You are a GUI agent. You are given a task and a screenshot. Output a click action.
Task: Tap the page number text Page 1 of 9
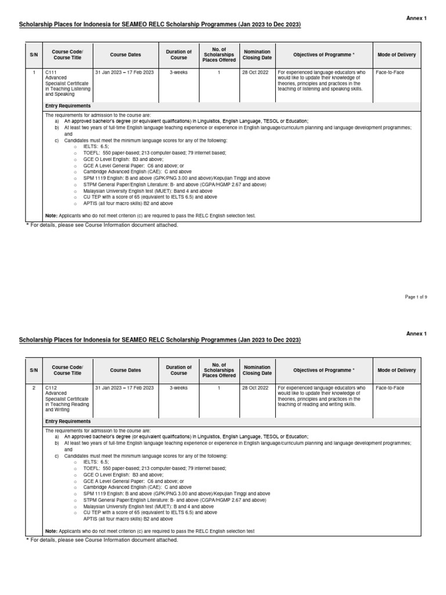coord(416,297)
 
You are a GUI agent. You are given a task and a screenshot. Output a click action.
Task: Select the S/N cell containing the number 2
coord(34,388)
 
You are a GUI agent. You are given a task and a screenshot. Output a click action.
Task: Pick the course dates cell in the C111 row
coord(125,72)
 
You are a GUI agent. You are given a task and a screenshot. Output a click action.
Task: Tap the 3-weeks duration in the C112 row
coord(178,388)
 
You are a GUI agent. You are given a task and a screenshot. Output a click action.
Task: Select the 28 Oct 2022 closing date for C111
coord(257,72)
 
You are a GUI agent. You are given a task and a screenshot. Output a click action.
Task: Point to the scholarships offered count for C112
coord(219,388)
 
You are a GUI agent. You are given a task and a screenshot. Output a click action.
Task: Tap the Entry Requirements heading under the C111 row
coord(68,106)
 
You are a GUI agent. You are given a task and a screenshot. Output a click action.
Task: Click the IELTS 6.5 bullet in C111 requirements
coord(96,147)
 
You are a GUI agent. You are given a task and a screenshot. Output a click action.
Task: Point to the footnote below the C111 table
coord(102,225)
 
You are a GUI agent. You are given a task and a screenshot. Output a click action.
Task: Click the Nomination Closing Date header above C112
coord(257,370)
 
